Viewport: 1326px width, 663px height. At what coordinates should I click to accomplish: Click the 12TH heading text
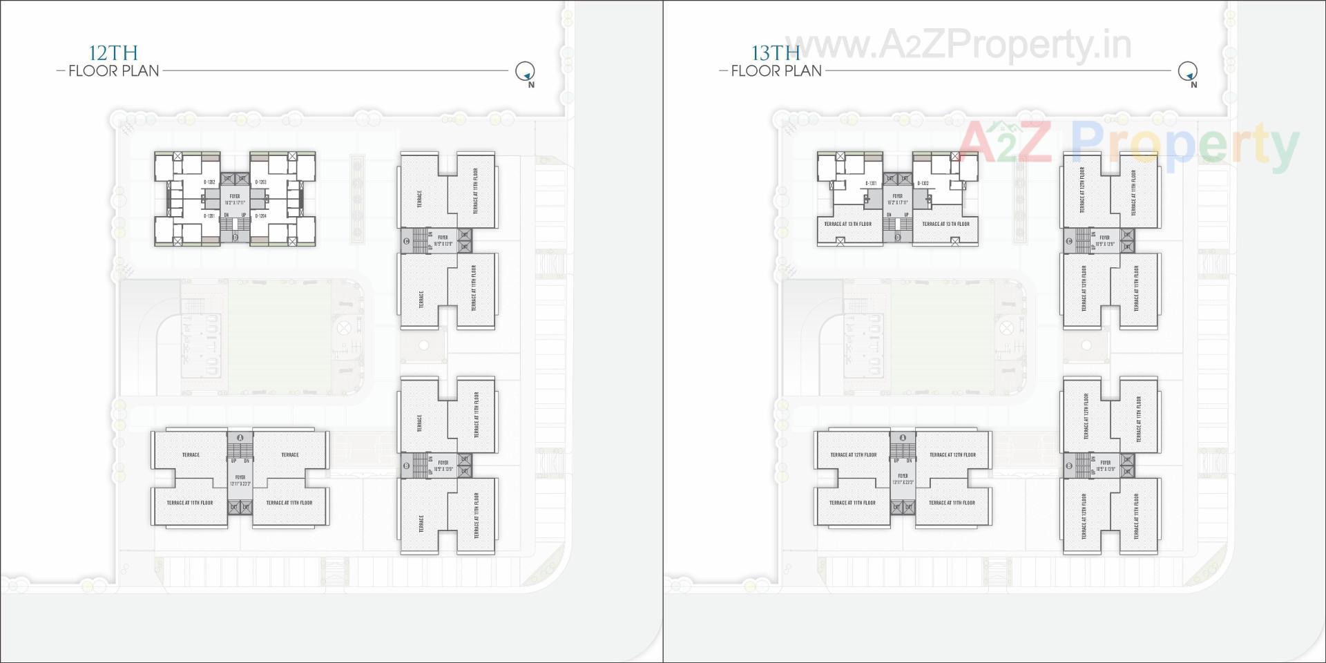[113, 52]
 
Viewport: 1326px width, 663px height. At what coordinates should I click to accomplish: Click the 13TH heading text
[776, 52]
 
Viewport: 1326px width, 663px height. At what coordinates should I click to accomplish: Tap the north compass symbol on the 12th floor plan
[525, 71]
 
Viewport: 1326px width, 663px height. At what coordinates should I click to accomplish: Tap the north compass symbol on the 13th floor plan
[1187, 71]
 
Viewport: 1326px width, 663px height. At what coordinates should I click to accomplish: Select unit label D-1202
[210, 182]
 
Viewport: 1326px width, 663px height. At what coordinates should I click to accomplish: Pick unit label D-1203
[261, 182]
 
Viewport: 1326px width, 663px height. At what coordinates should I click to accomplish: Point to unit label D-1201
[210, 216]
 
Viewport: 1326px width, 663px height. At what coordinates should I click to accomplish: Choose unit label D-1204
[261, 216]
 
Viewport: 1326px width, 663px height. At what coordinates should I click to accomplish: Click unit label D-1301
[871, 184]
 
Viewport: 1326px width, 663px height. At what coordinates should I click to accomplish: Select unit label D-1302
[923, 184]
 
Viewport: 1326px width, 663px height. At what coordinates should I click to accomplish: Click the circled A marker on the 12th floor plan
[240, 438]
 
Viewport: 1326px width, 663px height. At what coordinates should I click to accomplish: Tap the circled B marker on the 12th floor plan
[407, 466]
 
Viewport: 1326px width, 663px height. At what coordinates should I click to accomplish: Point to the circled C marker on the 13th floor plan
[1069, 241]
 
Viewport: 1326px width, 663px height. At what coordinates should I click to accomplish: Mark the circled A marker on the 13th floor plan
[903, 438]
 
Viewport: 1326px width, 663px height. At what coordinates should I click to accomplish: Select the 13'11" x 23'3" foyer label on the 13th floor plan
[903, 479]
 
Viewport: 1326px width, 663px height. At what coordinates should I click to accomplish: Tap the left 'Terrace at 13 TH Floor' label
[847, 224]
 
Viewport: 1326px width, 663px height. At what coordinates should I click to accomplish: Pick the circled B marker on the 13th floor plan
[1069, 466]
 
